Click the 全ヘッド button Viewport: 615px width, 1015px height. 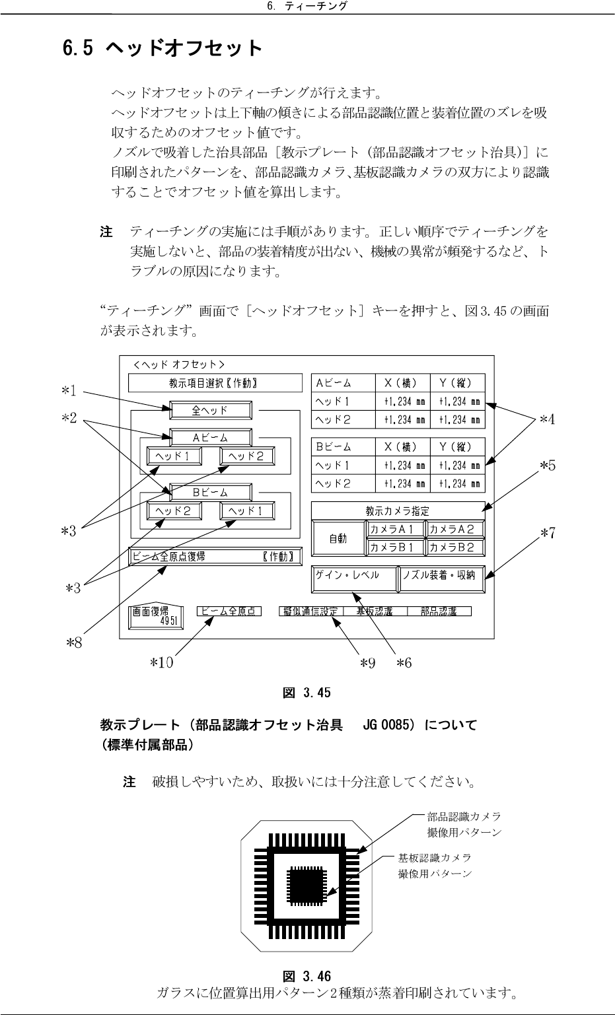[x=211, y=411]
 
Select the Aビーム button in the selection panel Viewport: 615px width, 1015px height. [x=211, y=438]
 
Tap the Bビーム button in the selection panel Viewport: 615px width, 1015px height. [x=211, y=492]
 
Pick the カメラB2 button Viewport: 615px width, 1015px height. [x=454, y=547]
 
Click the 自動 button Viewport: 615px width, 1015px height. [x=338, y=538]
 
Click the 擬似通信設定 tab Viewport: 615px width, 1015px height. [x=310, y=612]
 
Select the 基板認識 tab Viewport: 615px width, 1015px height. [x=374, y=612]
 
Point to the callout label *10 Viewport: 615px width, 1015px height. [x=161, y=662]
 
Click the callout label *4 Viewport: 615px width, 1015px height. [x=547, y=419]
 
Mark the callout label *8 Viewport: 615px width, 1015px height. [x=74, y=642]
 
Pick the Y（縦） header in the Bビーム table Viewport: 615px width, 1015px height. [x=456, y=447]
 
